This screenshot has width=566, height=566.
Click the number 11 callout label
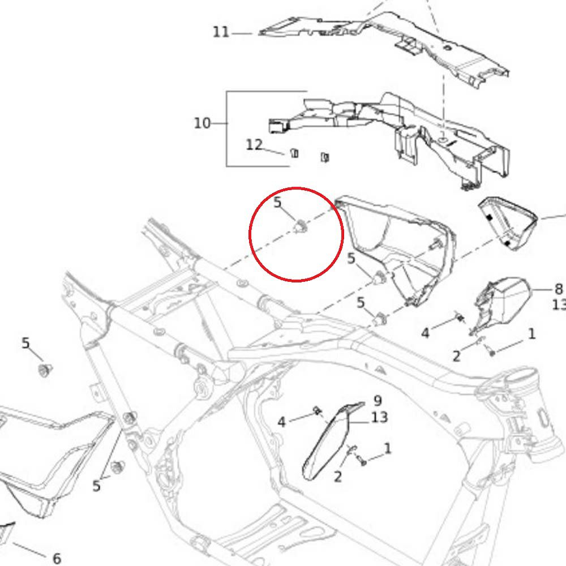click(221, 32)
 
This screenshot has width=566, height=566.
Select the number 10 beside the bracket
click(202, 123)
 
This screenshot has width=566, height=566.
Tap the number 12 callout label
click(254, 145)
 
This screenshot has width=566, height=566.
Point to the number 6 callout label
click(57, 558)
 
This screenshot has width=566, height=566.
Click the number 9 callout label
click(378, 401)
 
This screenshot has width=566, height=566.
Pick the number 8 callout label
click(559, 289)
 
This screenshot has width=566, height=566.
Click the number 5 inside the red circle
click(277, 202)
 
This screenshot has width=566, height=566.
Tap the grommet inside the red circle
click(301, 227)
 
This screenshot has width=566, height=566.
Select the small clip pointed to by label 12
click(294, 153)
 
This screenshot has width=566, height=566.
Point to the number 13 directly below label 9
click(379, 417)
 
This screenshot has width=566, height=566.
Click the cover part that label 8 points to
click(504, 303)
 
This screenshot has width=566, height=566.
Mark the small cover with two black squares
click(507, 223)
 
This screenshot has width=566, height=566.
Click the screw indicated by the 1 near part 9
click(362, 461)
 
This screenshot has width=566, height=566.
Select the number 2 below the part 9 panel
click(337, 477)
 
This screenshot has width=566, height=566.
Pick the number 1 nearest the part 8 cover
click(531, 334)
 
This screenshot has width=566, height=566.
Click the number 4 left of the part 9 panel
click(281, 422)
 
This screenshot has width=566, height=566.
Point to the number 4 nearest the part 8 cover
click(425, 333)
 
